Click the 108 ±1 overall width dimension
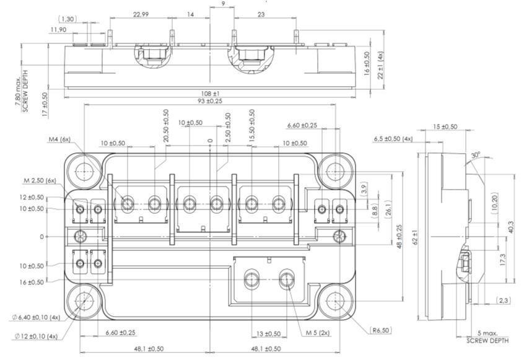[x=211, y=93]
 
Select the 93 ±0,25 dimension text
[x=211, y=101]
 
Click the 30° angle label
[x=475, y=155]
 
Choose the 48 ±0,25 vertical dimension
[x=400, y=237]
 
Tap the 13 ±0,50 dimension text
[x=268, y=333]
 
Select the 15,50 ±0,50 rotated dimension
[x=251, y=129]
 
